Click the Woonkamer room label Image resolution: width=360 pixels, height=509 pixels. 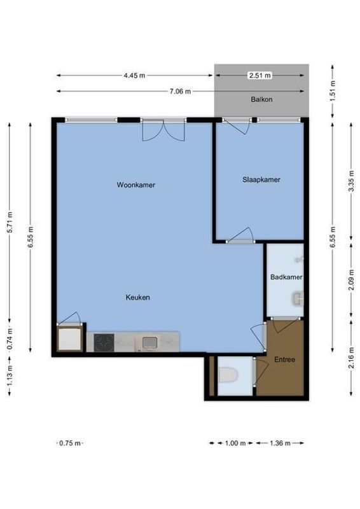(x=136, y=185)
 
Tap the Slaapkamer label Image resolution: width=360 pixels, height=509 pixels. (x=261, y=179)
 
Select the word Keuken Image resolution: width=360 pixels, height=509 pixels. (x=137, y=297)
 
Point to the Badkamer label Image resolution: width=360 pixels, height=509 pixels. (x=286, y=277)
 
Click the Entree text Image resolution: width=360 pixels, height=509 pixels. (x=284, y=359)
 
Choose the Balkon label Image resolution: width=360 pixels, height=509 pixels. (x=261, y=99)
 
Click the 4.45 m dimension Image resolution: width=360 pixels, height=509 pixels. (x=134, y=75)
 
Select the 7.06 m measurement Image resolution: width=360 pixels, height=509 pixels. (x=180, y=91)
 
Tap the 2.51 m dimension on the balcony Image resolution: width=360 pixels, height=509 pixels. (x=260, y=75)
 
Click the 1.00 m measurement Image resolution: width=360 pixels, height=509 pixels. (x=235, y=443)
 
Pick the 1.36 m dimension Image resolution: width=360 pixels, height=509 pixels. (x=280, y=443)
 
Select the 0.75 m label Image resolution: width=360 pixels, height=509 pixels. (x=69, y=443)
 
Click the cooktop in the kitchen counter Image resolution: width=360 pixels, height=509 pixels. (x=104, y=343)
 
